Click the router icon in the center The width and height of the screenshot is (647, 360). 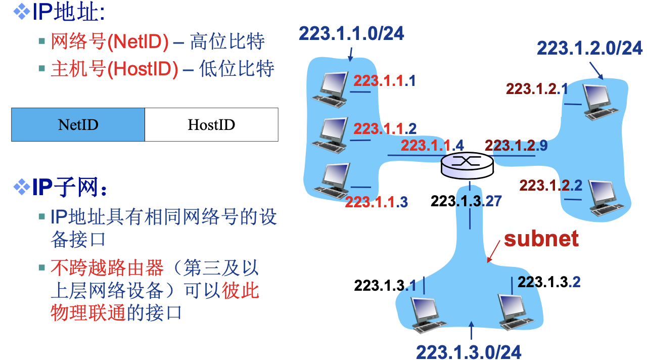[x=466, y=166]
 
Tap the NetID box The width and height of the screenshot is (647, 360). [x=78, y=124]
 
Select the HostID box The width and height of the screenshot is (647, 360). [x=211, y=124]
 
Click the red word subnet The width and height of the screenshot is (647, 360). [x=541, y=238]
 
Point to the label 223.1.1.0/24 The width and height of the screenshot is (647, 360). [x=351, y=33]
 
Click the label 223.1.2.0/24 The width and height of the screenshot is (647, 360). [x=589, y=48]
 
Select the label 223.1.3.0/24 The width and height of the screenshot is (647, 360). [x=469, y=351]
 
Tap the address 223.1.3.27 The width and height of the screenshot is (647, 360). [x=466, y=201]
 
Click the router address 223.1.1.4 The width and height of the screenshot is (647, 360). [x=432, y=146]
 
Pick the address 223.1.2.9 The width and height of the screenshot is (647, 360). [x=516, y=146]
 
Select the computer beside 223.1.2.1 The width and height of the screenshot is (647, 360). [x=600, y=101]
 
